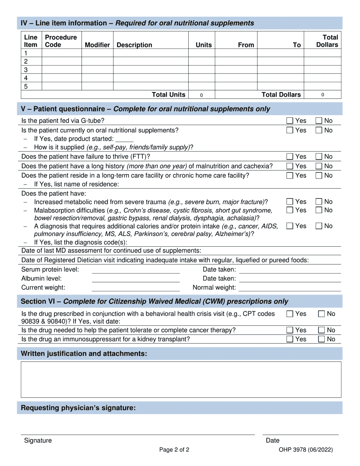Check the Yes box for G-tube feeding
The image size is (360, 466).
[x=290, y=121]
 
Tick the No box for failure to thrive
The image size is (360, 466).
[x=319, y=156]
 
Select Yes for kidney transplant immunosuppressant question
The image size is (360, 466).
[x=290, y=339]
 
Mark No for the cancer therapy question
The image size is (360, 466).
[x=321, y=330]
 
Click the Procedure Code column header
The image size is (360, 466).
[x=61, y=41]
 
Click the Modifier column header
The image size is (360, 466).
[x=97, y=45]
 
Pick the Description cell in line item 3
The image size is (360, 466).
[x=150, y=70]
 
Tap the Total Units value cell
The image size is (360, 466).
[x=201, y=95]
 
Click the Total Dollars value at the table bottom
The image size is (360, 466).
[x=322, y=95]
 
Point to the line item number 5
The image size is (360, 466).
[x=26, y=86]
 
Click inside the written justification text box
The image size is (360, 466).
[x=181, y=379]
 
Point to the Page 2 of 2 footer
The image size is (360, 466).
[x=174, y=450]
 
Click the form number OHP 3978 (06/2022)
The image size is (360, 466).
[x=305, y=450]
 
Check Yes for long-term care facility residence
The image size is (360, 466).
[x=290, y=175]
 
